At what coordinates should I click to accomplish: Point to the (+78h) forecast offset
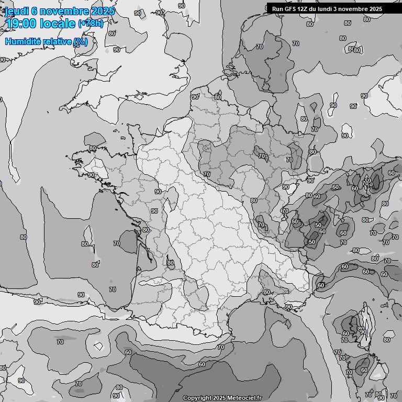tap(91, 24)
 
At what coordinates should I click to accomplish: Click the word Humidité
tap(23, 41)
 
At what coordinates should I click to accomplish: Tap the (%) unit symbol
tap(81, 41)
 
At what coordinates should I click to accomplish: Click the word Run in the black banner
tap(277, 9)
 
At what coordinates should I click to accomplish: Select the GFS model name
tap(291, 9)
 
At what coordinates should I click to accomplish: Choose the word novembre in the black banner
tap(356, 9)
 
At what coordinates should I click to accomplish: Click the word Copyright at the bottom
tap(197, 398)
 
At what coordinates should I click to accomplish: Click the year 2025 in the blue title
tap(103, 12)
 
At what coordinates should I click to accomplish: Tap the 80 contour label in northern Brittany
tap(93, 149)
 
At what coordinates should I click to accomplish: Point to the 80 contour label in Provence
tap(267, 293)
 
